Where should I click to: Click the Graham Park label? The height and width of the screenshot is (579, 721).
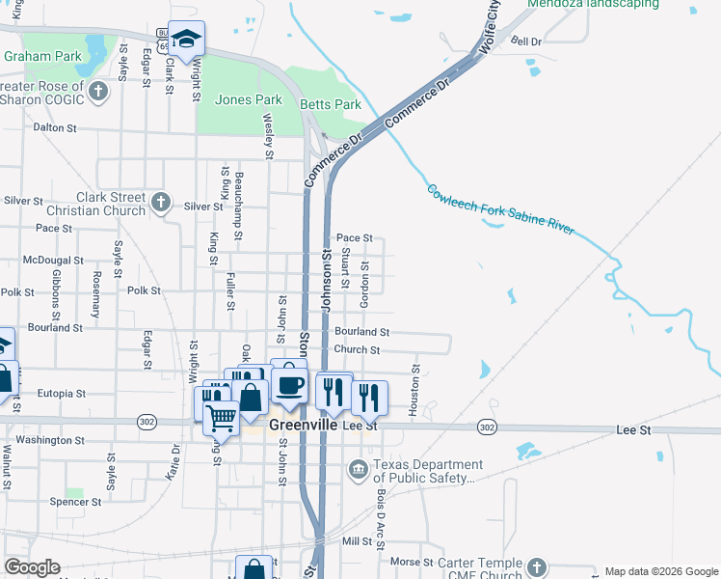[42, 56]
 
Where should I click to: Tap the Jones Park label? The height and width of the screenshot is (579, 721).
[249, 99]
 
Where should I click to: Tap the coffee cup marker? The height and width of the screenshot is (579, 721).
[289, 385]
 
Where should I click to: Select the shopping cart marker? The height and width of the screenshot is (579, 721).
[222, 419]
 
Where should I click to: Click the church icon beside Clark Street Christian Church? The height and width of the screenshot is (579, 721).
[161, 204]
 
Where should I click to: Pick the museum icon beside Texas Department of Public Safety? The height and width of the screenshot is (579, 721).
[358, 471]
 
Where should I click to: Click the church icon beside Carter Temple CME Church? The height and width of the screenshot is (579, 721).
[536, 568]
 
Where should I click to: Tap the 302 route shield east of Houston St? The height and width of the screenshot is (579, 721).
[487, 427]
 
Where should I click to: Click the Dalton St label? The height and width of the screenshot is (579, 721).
[55, 126]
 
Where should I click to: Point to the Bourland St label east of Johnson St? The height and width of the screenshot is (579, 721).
[361, 331]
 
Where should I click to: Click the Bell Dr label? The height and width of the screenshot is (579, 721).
[527, 41]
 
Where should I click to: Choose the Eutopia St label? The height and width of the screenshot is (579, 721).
[62, 394]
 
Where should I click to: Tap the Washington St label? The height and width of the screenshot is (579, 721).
[57, 440]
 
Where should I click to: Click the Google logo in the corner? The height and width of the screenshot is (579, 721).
[32, 567]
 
